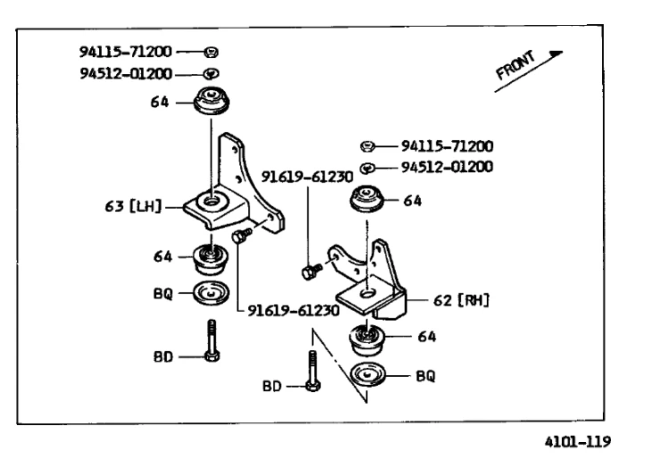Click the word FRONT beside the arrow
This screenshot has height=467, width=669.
coord(516,65)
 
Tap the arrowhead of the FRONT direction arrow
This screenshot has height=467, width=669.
coord(557,53)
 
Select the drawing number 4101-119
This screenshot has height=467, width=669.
coord(578,441)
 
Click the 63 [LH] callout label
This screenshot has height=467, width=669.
coord(134,207)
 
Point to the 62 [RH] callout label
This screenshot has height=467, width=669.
coord(461,300)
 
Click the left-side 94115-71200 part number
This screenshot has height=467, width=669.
coord(126,52)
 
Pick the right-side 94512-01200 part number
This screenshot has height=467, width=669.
coord(447,167)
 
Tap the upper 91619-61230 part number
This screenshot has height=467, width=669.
coord(307,176)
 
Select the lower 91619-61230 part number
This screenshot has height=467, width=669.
coord(293,310)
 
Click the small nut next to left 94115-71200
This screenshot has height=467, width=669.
coord(211,53)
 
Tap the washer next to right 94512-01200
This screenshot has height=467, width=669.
coord(368,168)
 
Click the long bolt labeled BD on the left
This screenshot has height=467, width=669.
coord(212,340)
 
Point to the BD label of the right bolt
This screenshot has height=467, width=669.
coord(272,387)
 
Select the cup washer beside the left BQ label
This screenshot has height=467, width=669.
coord(211,293)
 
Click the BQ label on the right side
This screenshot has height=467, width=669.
coord(425,376)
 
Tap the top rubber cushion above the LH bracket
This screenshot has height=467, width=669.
coord(211,101)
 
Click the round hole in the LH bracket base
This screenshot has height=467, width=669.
coord(211,199)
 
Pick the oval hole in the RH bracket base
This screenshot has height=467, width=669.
coord(368,292)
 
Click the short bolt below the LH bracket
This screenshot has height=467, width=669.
coord(242,235)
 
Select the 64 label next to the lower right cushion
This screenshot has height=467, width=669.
coord(426,337)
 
